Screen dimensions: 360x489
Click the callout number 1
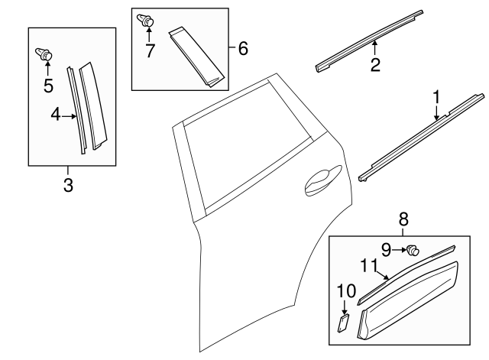click(x=436, y=97)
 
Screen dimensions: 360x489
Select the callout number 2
click(x=375, y=65)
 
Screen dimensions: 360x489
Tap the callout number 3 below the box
click(x=68, y=184)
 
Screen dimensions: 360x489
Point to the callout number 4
click(x=56, y=115)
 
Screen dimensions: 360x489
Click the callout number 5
click(x=47, y=85)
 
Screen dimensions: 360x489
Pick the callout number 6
click(x=242, y=49)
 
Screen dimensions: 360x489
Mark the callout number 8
click(x=403, y=220)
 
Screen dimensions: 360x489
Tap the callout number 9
click(x=387, y=248)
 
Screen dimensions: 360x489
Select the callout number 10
click(x=345, y=290)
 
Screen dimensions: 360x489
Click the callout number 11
click(x=368, y=265)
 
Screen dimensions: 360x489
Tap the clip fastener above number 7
click(x=146, y=21)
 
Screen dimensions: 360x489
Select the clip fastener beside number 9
click(x=413, y=249)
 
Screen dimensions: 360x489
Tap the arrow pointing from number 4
click(x=70, y=116)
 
